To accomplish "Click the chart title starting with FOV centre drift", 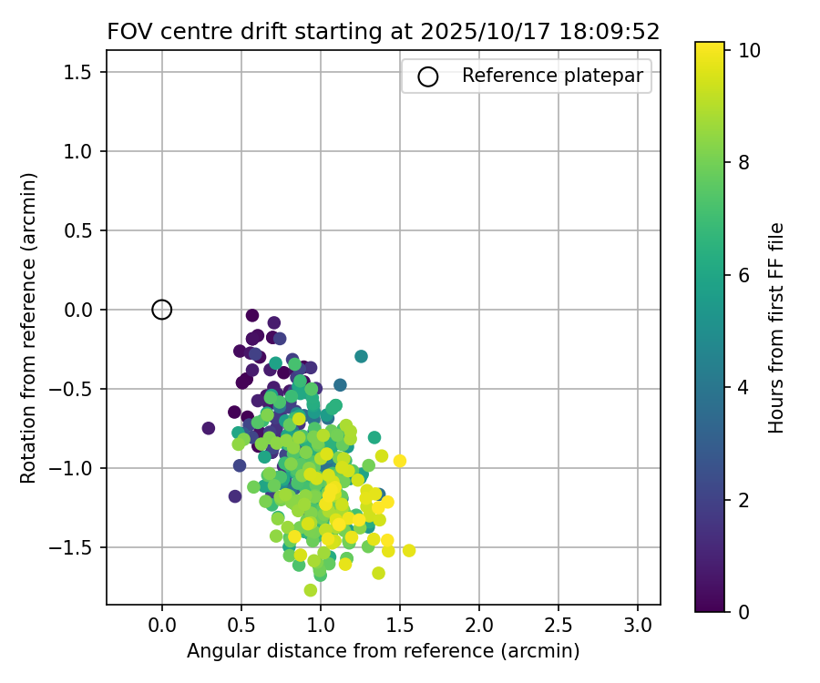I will click(383, 32).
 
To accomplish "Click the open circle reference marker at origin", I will click(161, 310).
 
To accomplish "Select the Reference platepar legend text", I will click(558, 76).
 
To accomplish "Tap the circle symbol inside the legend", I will click(428, 76).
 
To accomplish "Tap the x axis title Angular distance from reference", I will click(383, 651).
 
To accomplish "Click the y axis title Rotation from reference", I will click(29, 328).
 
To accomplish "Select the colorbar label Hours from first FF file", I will click(776, 328).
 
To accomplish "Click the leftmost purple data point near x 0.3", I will click(209, 428).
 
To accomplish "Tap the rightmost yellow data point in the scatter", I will click(409, 550).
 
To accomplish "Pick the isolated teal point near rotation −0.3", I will click(361, 356).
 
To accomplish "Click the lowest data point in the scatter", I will click(311, 590).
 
